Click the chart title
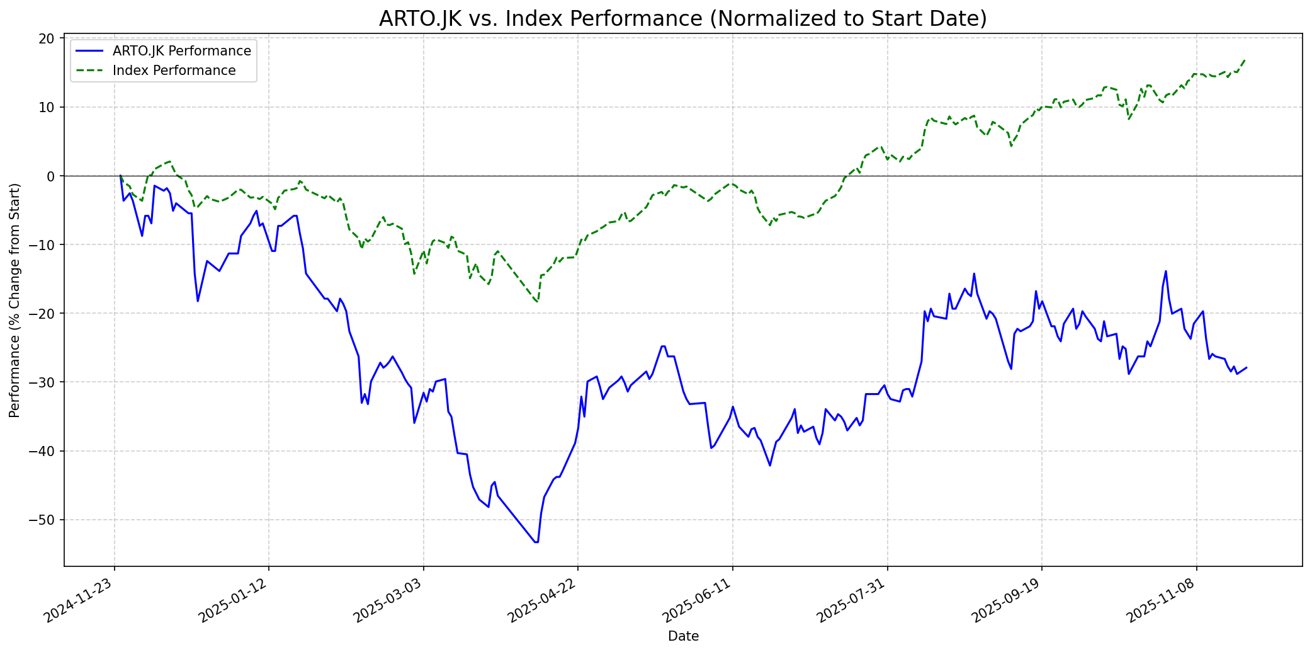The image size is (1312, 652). (682, 19)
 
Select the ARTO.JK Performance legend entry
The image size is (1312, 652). (181, 51)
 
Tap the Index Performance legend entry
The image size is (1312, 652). (174, 71)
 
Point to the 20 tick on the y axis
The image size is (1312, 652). (47, 39)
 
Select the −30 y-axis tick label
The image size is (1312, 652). (43, 382)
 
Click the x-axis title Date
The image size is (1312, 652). (683, 637)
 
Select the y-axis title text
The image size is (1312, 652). (14, 300)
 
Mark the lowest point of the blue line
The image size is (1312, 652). (536, 542)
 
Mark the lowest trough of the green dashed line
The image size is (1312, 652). (537, 302)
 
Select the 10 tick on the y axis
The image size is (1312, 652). (47, 108)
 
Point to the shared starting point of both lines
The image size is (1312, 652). (120, 176)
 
